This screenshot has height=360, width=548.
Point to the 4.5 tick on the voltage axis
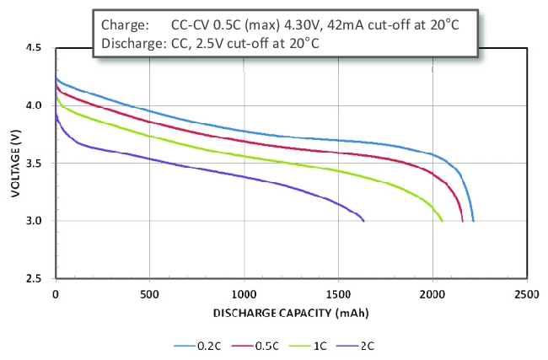tap(35, 49)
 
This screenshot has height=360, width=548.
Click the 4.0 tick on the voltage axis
tap(35, 106)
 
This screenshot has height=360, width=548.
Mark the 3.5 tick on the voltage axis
tap(35, 164)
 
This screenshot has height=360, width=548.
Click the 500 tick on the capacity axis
tap(149, 294)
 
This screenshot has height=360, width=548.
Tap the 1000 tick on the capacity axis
tap(244, 294)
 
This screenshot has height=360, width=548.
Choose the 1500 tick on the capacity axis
tap(338, 294)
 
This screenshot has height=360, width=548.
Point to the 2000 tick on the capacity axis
tap(432, 294)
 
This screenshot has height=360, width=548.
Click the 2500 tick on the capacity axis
tap(526, 294)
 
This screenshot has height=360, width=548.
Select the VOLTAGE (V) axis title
tap(15, 164)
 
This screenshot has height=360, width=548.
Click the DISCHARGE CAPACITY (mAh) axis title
tap(290, 312)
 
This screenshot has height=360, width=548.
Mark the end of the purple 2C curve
tap(363, 221)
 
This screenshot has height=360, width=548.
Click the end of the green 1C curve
tap(442, 221)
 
